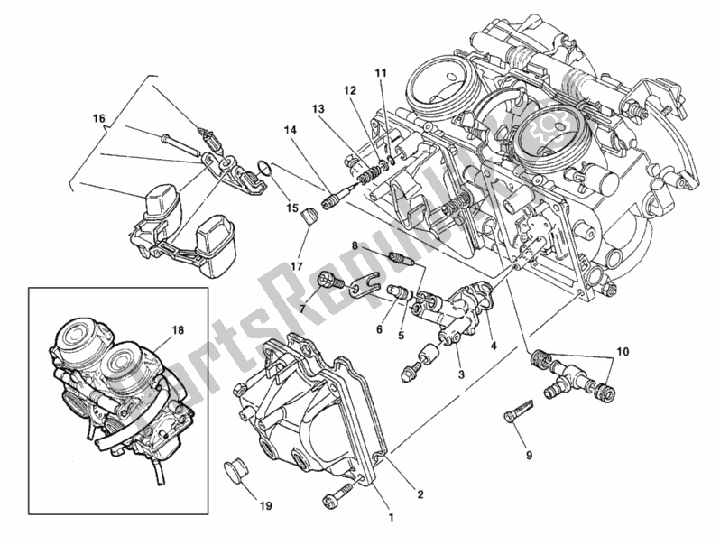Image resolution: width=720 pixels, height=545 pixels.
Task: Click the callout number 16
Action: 98,118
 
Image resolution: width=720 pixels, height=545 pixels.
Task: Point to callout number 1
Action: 391,517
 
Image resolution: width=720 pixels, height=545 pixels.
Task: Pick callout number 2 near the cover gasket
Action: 420,493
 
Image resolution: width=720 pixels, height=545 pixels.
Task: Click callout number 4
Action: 493,345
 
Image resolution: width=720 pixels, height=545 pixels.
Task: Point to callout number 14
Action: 290,130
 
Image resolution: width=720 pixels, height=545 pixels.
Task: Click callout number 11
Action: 380,71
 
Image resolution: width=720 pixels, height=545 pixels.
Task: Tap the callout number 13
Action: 318,109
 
